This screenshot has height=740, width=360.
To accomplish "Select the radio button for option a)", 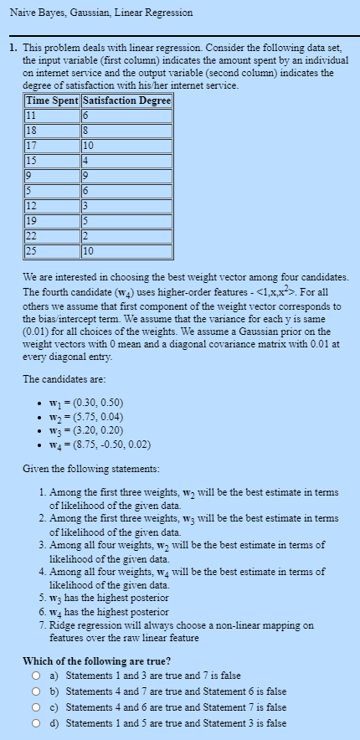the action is (x=36, y=675).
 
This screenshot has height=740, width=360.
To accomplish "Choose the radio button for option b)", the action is (x=36, y=691).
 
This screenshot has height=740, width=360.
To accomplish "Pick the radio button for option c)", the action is (x=36, y=707).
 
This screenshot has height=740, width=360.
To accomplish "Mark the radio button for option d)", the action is (x=36, y=722).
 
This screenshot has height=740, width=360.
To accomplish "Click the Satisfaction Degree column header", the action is (x=126, y=101).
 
